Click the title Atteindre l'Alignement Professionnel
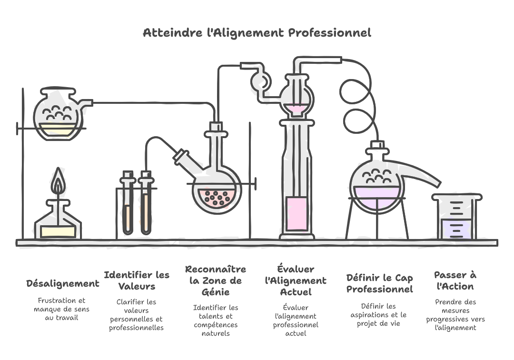pyautogui.click(x=257, y=33)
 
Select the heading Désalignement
pyautogui.click(x=63, y=284)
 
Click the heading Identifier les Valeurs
pyautogui.click(x=137, y=280)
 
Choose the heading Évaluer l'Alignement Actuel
pyautogui.click(x=296, y=280)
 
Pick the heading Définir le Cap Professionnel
pyautogui.click(x=379, y=283)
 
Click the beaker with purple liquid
pyautogui.click(x=455, y=219)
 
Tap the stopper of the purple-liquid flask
pyautogui.click(x=377, y=145)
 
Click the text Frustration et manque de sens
pyautogui.click(x=62, y=309)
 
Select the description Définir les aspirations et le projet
pyautogui.click(x=379, y=315)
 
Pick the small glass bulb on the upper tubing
pyautogui.click(x=261, y=81)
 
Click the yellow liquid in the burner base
pyautogui.click(x=58, y=231)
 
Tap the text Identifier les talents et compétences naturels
pyautogui.click(x=216, y=320)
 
